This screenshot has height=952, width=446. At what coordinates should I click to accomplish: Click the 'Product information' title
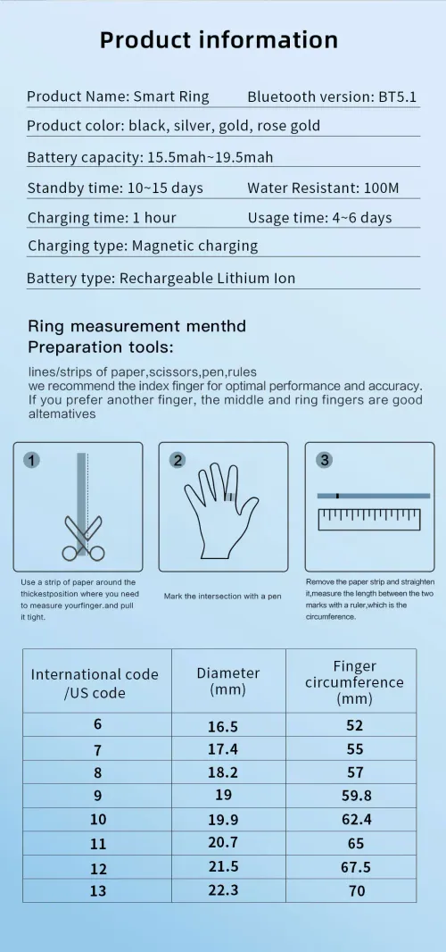tap(219, 40)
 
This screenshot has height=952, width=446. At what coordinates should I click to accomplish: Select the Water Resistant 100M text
tap(323, 188)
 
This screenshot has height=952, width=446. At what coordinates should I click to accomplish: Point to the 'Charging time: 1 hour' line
tap(102, 218)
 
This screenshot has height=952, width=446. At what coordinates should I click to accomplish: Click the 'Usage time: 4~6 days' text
tap(319, 218)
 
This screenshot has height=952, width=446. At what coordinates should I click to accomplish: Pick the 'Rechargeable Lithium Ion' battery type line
tap(161, 279)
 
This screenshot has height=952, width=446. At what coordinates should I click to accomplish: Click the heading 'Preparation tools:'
tap(101, 347)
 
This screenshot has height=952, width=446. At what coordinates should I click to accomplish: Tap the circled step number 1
tap(31, 461)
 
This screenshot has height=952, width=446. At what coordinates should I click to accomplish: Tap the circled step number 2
tap(178, 461)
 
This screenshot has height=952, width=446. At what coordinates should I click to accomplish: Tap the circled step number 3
tap(324, 461)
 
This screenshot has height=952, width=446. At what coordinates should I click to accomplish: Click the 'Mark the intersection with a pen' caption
tap(222, 596)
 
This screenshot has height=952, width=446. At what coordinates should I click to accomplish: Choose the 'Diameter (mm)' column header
tap(228, 681)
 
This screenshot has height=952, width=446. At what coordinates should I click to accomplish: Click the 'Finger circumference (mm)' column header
tap(354, 681)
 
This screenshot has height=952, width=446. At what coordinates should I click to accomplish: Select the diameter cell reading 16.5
tap(222, 727)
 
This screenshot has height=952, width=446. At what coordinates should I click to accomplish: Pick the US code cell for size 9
tap(97, 796)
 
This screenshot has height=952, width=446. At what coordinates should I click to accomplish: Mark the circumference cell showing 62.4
tap(355, 819)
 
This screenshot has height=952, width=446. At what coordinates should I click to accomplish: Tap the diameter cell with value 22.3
tap(222, 890)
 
